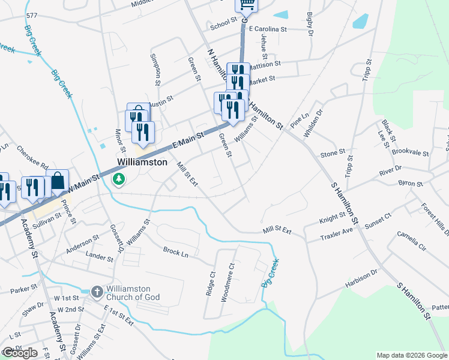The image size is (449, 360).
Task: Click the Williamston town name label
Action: pyautogui.click(x=142, y=162)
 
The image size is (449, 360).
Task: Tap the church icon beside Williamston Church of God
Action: pyautogui.click(x=97, y=292)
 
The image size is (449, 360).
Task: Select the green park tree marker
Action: pyautogui.click(x=119, y=178)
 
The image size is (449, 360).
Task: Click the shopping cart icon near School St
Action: pyautogui.click(x=246, y=5)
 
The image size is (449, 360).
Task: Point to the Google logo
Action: pyautogui.click(x=20, y=353)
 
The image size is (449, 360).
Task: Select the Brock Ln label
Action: pyautogui.click(x=176, y=251)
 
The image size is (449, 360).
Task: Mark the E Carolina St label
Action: pyautogui.click(x=268, y=29)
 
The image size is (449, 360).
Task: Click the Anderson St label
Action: pyautogui.click(x=82, y=241)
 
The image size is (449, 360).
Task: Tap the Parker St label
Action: pyautogui.click(x=23, y=289)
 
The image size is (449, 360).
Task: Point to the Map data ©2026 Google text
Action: pyautogui.click(x=412, y=355)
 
